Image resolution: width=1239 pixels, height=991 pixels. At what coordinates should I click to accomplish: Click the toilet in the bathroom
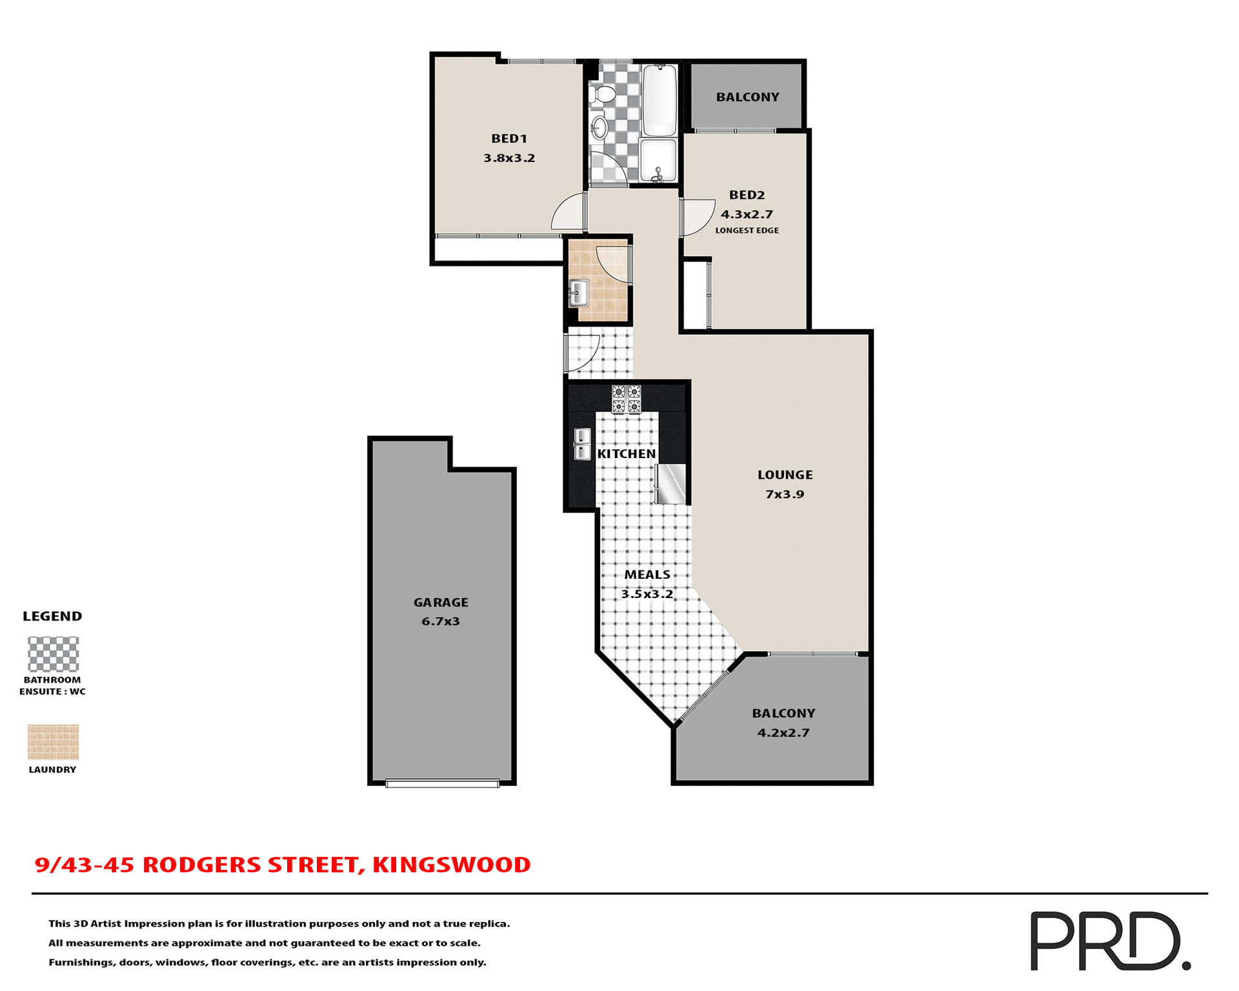602,95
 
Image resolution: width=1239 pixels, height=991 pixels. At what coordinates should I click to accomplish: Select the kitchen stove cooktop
626,399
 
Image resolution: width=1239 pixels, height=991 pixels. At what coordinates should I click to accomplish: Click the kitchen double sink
582,444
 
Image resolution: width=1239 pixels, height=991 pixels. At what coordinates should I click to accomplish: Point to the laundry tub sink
578,293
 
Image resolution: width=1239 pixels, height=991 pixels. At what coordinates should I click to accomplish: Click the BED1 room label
509,138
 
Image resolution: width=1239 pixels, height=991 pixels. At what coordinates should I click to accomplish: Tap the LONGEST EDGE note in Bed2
747,230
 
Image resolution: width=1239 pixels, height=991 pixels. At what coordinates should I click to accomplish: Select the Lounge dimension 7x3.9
785,494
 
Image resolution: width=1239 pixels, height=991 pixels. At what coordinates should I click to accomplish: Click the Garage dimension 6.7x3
441,621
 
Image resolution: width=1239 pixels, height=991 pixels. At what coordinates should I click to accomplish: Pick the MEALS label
647,574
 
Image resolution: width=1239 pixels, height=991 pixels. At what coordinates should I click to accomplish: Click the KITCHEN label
626,454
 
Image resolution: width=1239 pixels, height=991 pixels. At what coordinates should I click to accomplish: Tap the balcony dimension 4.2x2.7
783,732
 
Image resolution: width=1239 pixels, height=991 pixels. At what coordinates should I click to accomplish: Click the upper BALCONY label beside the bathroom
747,97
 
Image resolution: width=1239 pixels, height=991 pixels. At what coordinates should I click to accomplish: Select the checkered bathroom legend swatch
53,654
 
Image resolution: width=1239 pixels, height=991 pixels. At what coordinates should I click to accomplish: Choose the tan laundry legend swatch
53,742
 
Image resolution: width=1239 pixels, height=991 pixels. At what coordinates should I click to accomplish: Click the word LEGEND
52,616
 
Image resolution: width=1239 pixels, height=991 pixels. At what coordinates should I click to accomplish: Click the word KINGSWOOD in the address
451,865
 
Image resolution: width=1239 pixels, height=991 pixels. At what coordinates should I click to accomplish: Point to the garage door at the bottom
443,783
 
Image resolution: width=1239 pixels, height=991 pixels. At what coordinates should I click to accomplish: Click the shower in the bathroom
658,160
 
